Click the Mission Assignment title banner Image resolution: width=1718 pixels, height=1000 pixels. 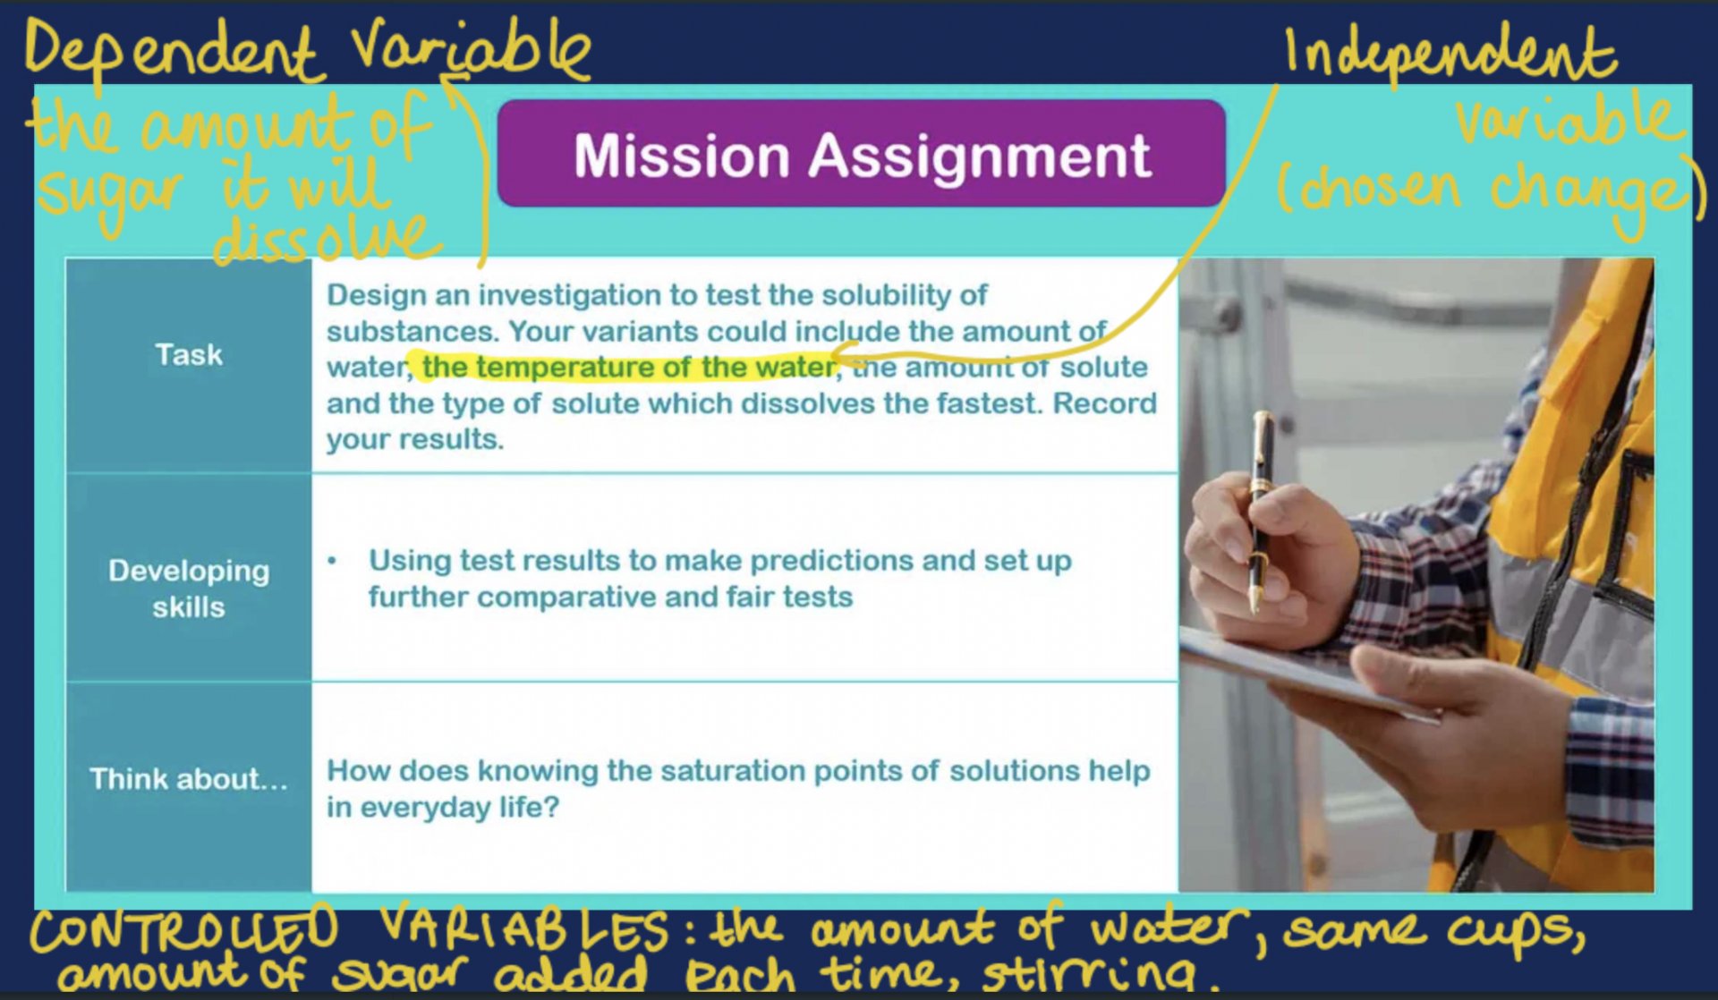pyautogui.click(x=861, y=154)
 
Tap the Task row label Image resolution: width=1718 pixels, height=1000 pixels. pyautogui.click(x=189, y=355)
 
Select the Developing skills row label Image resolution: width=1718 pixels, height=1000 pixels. pyautogui.click(x=189, y=589)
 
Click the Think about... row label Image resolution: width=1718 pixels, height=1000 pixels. pyautogui.click(x=189, y=779)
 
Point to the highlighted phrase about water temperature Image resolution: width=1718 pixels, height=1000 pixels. pyautogui.click(x=628, y=367)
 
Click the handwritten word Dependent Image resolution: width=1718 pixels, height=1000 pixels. pyautogui.click(x=170, y=52)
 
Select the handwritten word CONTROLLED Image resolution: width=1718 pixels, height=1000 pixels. pyautogui.click(x=184, y=930)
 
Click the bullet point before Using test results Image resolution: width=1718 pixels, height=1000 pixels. pyautogui.click(x=333, y=562)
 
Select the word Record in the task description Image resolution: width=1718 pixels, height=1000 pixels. pyautogui.click(x=1104, y=403)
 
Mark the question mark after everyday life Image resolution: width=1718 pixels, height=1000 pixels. pyautogui.click(x=550, y=807)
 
